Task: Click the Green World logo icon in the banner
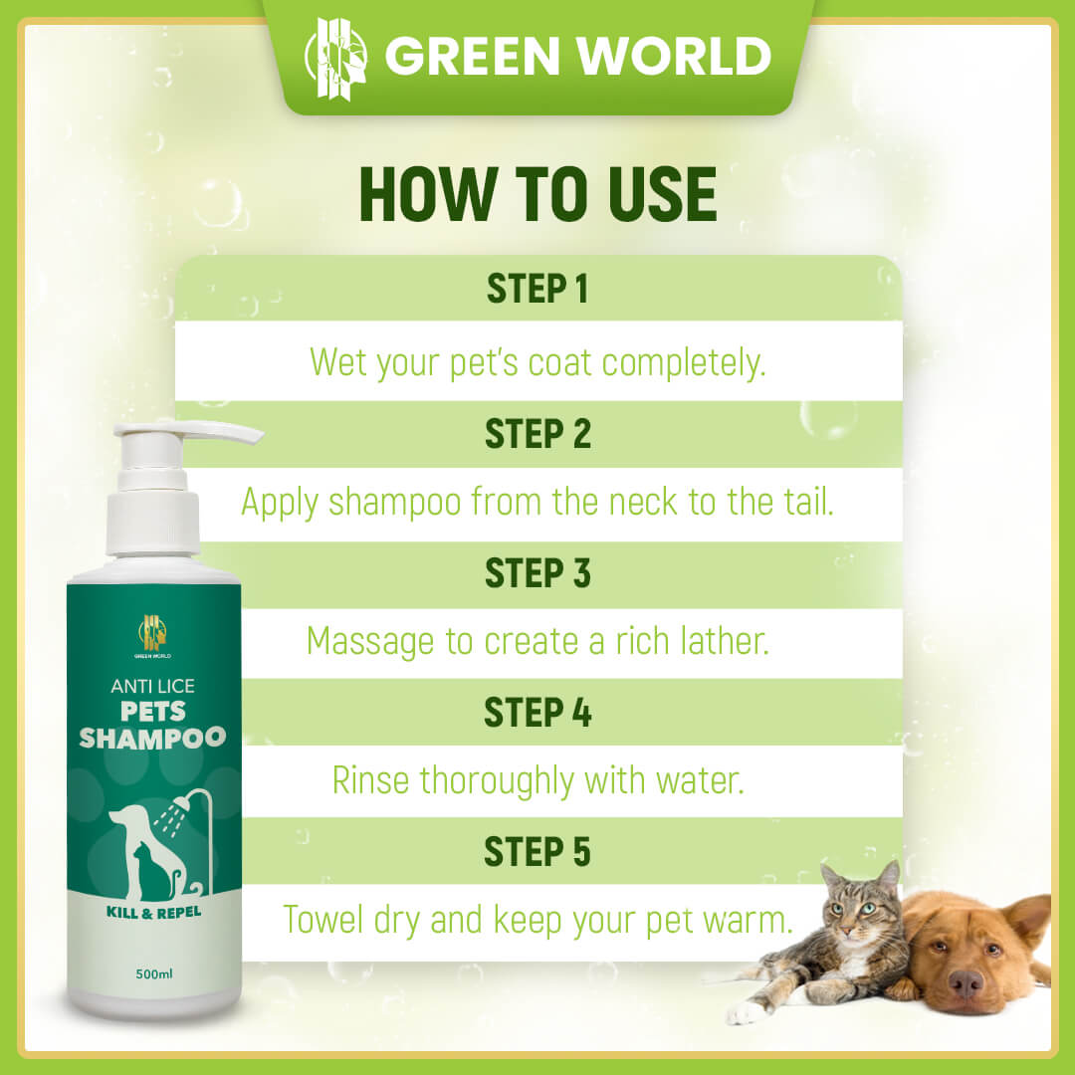coord(336,59)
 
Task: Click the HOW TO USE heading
coord(537,195)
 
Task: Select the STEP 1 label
coord(537,289)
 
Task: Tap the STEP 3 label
coord(537,573)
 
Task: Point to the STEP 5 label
coord(537,852)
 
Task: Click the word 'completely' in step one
coord(684,363)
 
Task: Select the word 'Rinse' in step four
coord(371,780)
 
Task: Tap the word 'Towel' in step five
coord(322,920)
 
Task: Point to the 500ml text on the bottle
coord(154,973)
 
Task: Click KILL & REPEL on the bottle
coord(153,913)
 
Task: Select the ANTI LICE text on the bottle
coord(153,686)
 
